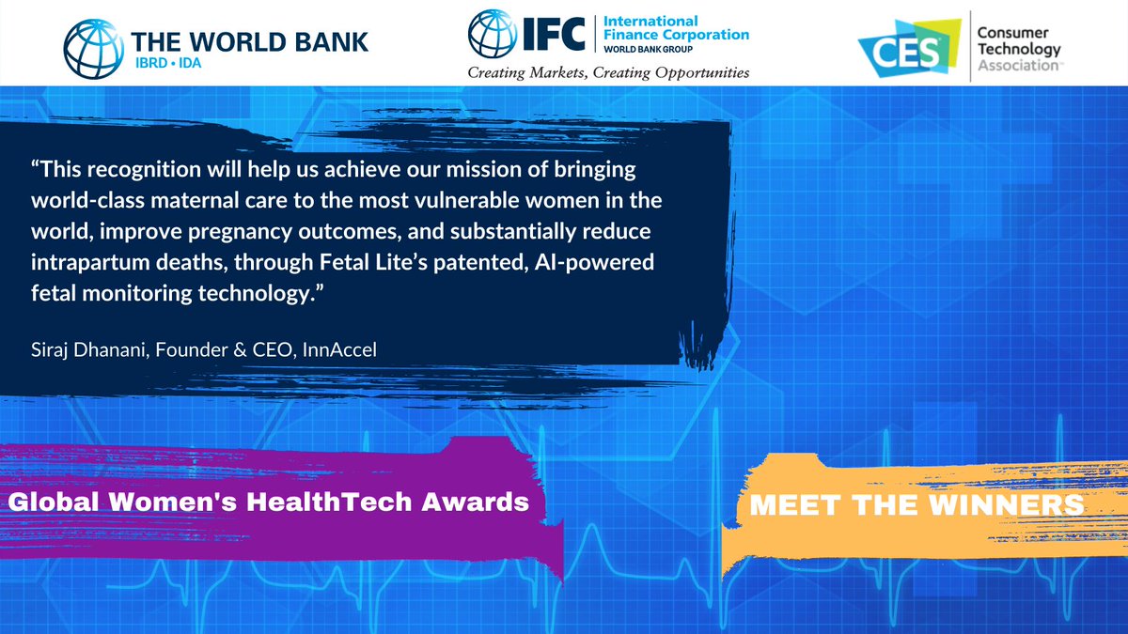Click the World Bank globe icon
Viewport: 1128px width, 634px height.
pos(94,44)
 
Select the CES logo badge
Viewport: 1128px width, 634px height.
pos(901,45)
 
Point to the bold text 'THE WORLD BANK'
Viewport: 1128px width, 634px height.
pos(250,40)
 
